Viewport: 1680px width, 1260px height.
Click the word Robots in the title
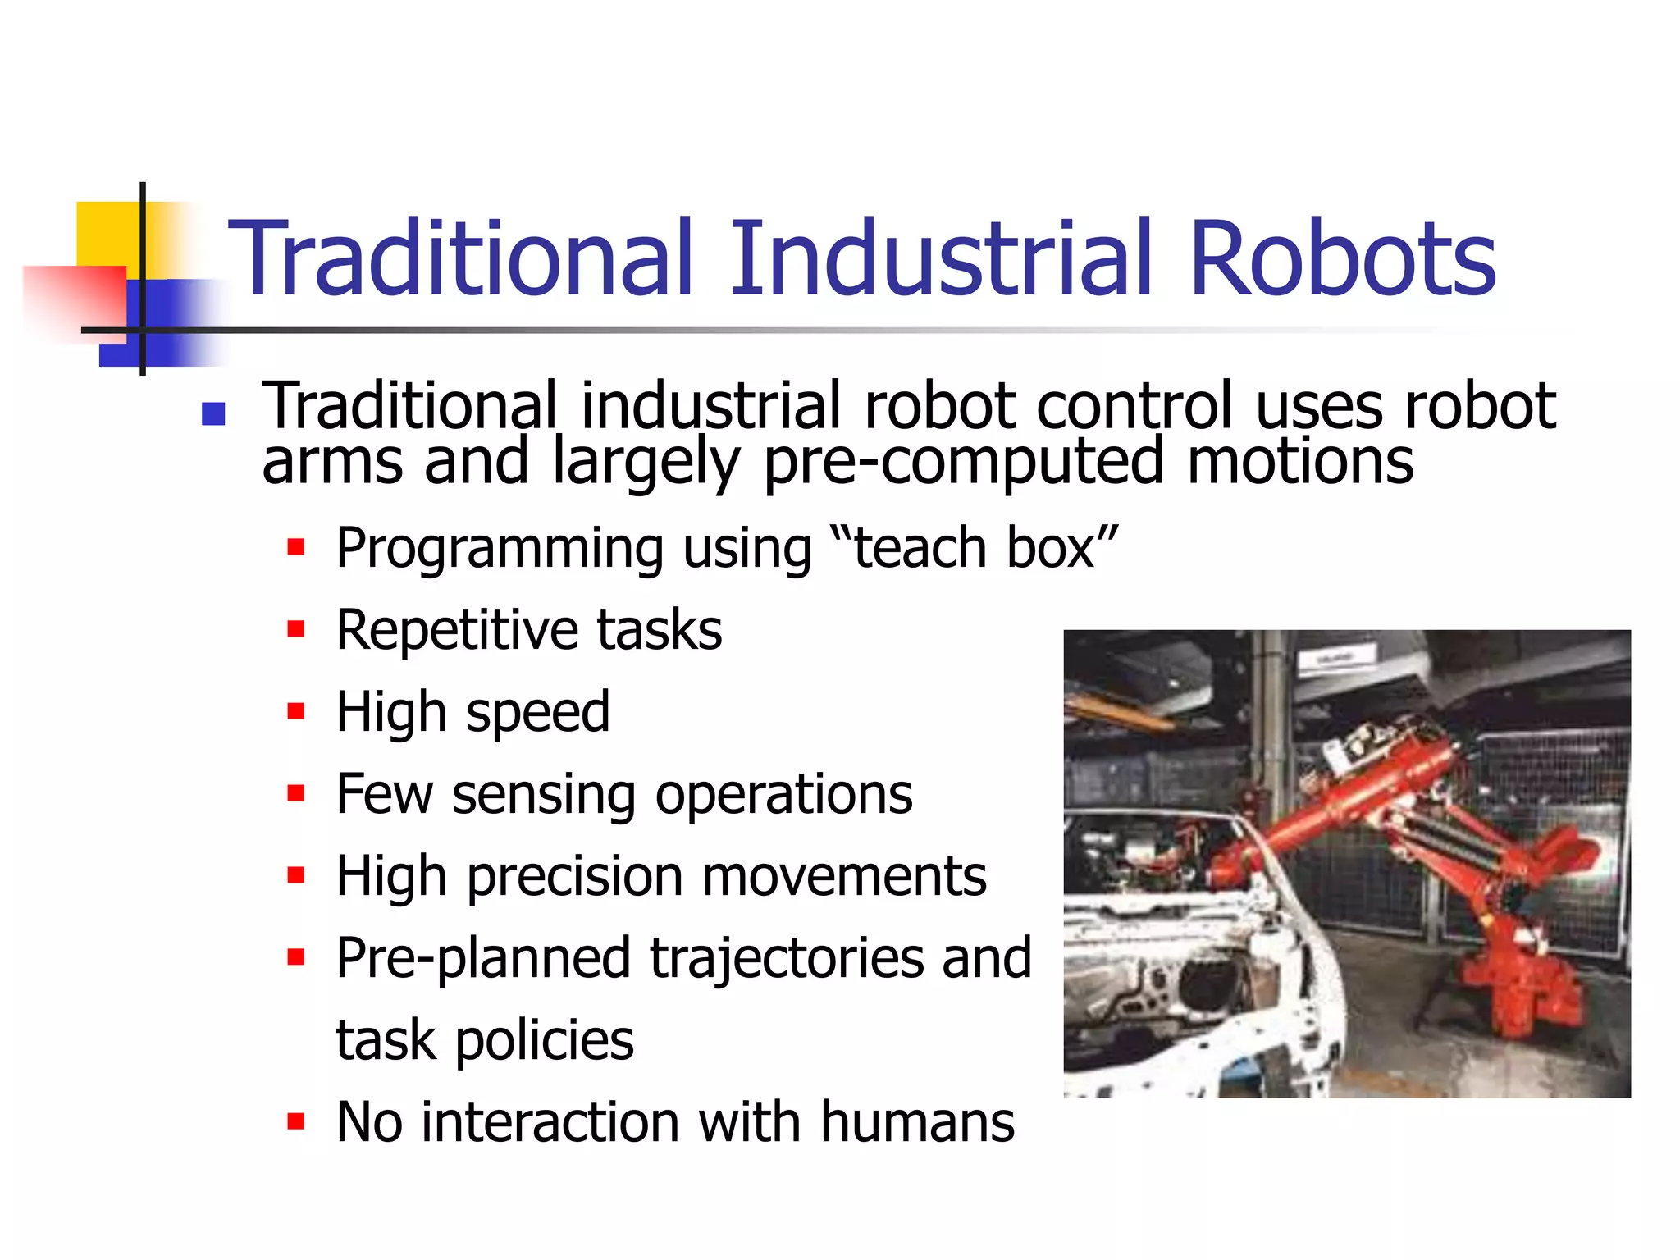tap(1342, 258)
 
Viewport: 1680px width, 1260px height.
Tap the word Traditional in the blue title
tap(461, 258)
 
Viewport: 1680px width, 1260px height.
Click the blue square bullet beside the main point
tap(213, 413)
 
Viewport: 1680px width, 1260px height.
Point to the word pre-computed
tap(963, 462)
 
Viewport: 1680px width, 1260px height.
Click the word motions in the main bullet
tap(1300, 460)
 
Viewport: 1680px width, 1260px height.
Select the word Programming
tap(500, 550)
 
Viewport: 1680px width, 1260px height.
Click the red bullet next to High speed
tap(296, 710)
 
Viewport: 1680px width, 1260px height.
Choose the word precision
tap(575, 877)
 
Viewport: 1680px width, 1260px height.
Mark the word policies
tap(545, 1040)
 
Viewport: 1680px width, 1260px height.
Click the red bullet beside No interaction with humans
tap(296, 1121)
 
